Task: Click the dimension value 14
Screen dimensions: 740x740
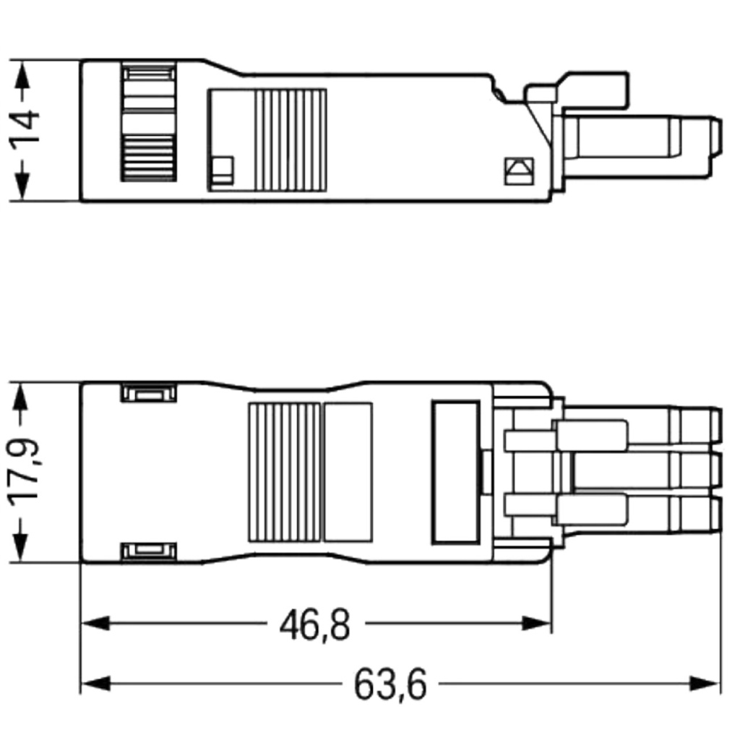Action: (27, 130)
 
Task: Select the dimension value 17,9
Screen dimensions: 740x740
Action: (27, 473)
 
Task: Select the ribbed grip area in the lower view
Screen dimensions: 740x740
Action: (284, 473)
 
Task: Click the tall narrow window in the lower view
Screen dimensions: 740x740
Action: (455, 473)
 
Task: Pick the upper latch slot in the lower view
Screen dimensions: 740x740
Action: (149, 394)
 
